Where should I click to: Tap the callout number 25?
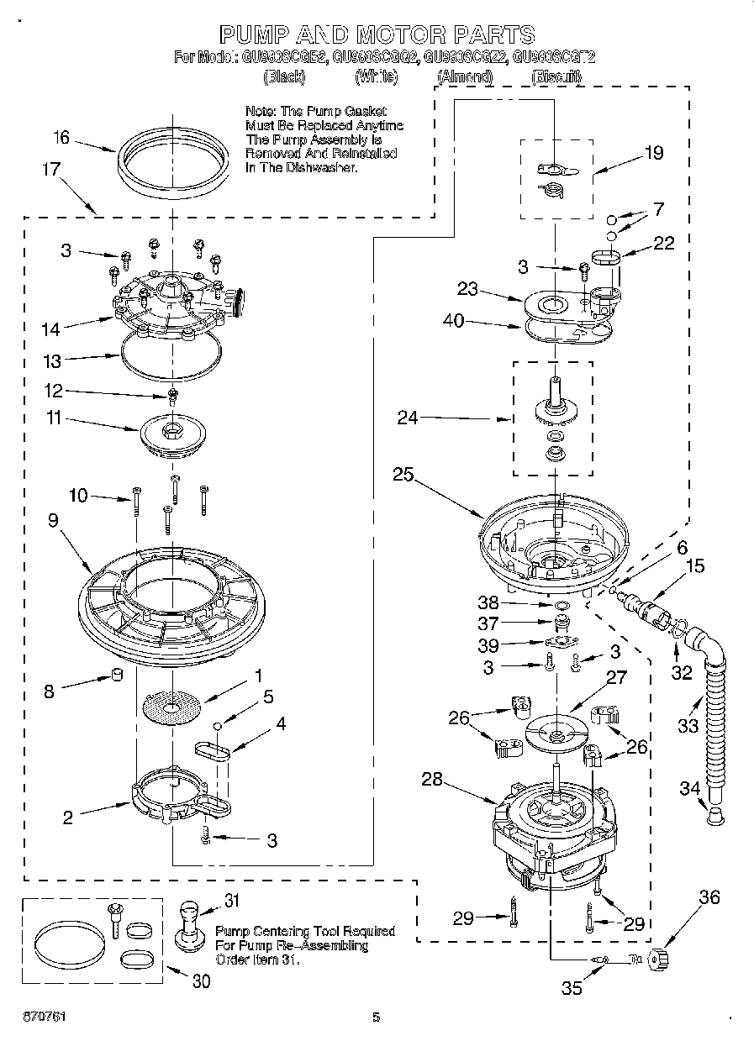[403, 475]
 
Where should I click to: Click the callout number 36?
[709, 897]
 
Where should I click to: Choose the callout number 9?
[53, 521]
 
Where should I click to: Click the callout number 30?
[201, 981]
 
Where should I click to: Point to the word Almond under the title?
[464, 76]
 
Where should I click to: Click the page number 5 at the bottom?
[377, 1017]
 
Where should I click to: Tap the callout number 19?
[652, 152]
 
